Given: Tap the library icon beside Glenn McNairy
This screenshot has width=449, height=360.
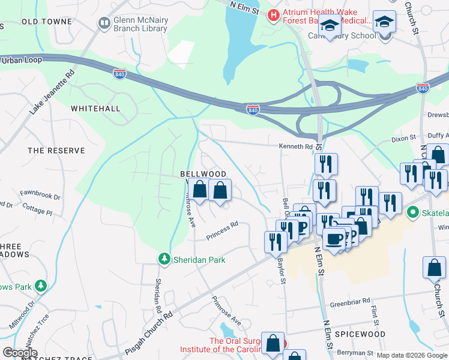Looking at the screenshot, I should [103, 23].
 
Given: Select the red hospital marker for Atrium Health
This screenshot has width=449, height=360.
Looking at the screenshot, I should [274, 13].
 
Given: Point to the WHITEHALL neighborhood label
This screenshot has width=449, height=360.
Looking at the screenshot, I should [95, 109].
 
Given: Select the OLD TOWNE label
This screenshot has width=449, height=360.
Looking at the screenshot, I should [47, 22].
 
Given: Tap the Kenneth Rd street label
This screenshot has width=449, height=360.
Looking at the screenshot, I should [295, 146].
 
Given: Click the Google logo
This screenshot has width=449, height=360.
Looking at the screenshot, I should [20, 353].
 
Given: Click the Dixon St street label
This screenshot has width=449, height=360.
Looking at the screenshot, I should [403, 139].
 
